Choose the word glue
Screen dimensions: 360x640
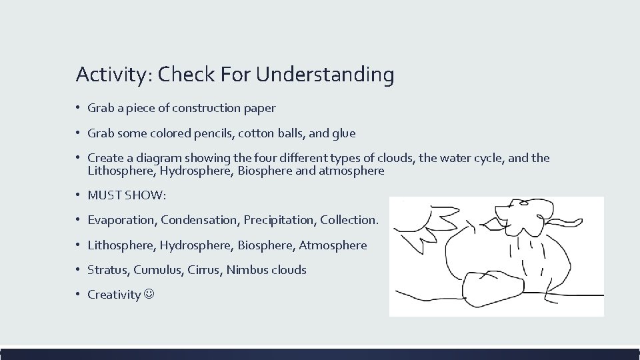[343, 133]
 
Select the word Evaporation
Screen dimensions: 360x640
[122, 220]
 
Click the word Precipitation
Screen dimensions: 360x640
[280, 220]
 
